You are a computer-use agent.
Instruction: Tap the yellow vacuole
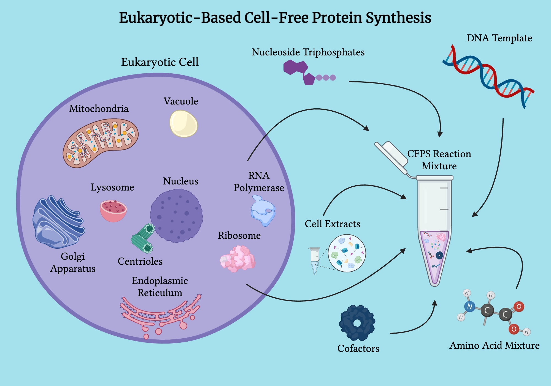click(183, 124)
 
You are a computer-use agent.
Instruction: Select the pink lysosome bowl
click(113, 211)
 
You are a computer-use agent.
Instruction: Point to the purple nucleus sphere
click(177, 215)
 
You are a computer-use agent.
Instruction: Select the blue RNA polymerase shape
click(263, 211)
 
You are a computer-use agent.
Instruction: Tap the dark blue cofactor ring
click(357, 323)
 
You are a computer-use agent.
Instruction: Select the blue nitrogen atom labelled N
click(470, 306)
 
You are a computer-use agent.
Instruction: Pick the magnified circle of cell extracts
click(347, 253)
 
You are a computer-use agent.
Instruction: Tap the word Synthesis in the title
click(398, 18)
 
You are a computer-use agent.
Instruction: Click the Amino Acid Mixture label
click(495, 345)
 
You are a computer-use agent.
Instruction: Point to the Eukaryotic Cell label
click(160, 62)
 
